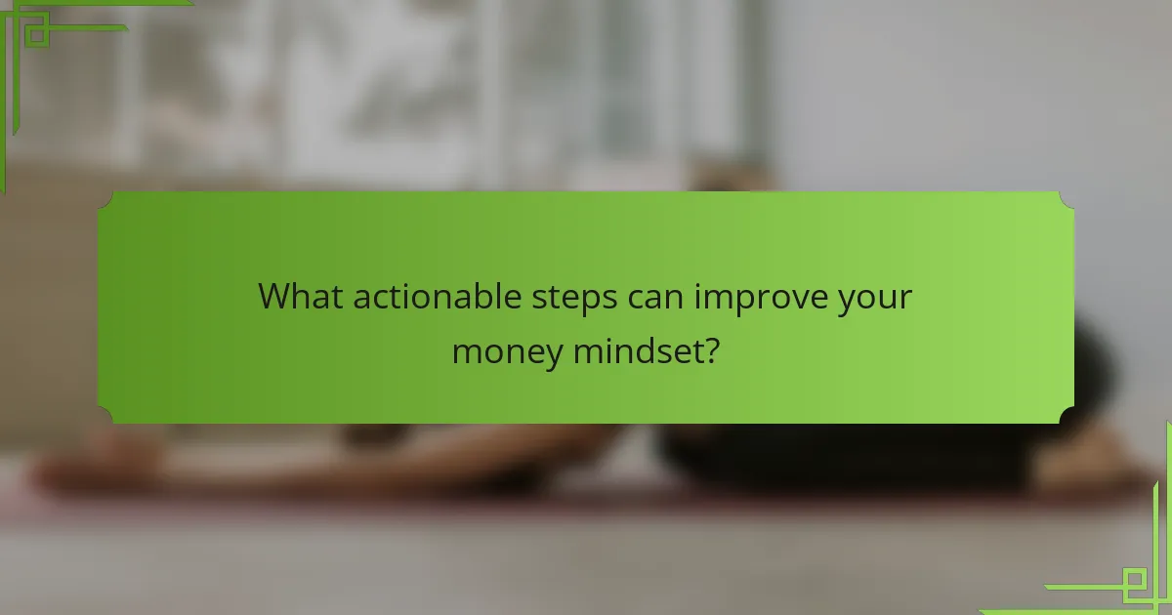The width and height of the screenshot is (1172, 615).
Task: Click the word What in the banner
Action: click(301, 296)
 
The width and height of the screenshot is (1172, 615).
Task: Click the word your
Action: click(875, 298)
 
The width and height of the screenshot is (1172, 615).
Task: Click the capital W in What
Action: click(277, 296)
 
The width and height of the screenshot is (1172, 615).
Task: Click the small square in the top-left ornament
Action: click(37, 35)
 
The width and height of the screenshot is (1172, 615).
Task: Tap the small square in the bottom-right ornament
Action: click(1134, 584)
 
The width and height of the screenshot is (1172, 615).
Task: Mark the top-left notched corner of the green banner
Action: click(105, 198)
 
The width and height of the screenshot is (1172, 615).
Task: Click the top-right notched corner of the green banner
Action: click(1067, 198)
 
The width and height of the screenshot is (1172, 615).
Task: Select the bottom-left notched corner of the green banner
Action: click(105, 417)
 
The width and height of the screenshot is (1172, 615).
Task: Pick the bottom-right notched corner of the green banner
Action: click(1067, 417)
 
